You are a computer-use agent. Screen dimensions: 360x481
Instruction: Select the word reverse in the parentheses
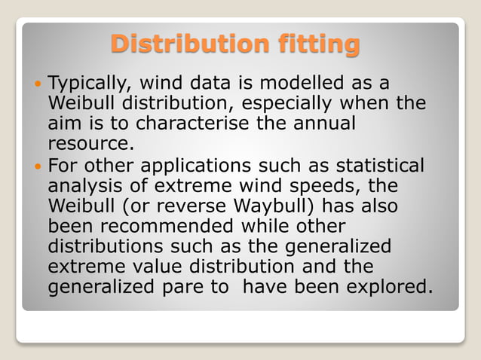[189, 206]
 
